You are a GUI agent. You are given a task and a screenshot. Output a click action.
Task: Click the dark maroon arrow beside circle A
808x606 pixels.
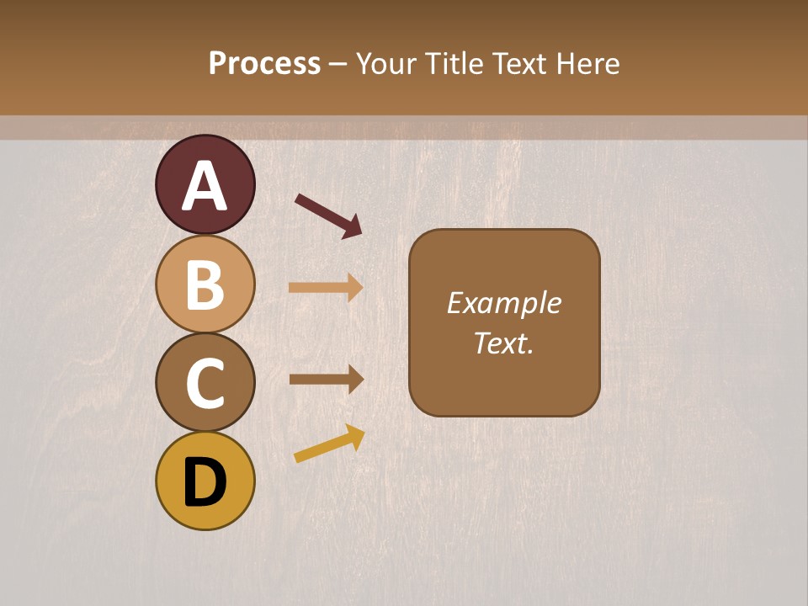(328, 215)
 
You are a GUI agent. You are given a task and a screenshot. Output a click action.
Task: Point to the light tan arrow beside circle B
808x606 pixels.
(326, 288)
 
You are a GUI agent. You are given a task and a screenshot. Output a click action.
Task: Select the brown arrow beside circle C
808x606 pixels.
(326, 379)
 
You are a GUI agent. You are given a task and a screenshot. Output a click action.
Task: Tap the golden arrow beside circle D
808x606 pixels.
(329, 444)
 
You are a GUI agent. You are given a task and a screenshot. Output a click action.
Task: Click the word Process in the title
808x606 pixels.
(264, 63)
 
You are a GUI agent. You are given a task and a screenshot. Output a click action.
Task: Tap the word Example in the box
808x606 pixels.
(503, 303)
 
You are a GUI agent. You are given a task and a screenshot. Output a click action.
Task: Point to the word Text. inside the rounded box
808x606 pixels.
(503, 343)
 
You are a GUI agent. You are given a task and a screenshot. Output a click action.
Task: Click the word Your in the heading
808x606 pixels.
(386, 63)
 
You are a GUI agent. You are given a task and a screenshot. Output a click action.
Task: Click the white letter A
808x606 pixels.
(205, 186)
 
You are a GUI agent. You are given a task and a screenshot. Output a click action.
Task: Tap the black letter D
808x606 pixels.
(205, 482)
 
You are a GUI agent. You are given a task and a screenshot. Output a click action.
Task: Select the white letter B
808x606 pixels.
(205, 284)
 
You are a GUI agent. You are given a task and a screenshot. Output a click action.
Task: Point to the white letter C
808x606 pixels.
(205, 383)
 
